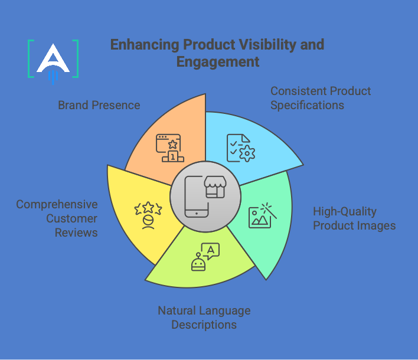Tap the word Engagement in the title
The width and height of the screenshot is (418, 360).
pos(218,62)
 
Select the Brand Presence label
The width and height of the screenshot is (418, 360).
pos(99,106)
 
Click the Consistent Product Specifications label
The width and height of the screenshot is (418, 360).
pos(321,98)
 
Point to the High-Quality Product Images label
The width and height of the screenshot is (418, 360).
pos(354,218)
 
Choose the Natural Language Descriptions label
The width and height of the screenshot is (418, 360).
pos(204,318)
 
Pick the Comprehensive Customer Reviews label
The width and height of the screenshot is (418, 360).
pos(57,218)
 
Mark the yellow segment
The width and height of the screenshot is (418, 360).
pos(136,212)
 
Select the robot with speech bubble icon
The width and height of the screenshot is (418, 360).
pos(204,257)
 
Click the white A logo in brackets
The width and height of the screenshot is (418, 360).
pos(53,59)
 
